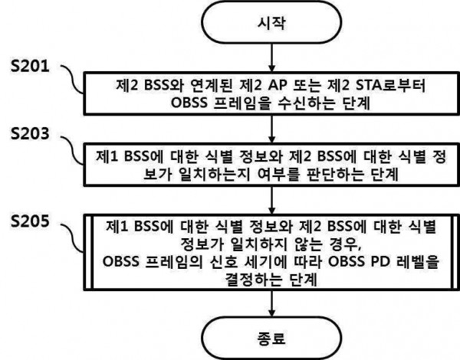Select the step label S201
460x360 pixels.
tap(30, 66)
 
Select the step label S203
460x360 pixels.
tap(30, 133)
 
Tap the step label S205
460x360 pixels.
tap(30, 221)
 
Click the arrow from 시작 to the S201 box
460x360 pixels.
tap(271, 57)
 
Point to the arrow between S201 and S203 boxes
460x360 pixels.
tap(271, 129)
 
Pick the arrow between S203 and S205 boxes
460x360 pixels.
tap(271, 201)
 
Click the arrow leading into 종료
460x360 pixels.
tap(271, 303)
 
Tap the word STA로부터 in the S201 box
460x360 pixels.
tap(390, 86)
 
